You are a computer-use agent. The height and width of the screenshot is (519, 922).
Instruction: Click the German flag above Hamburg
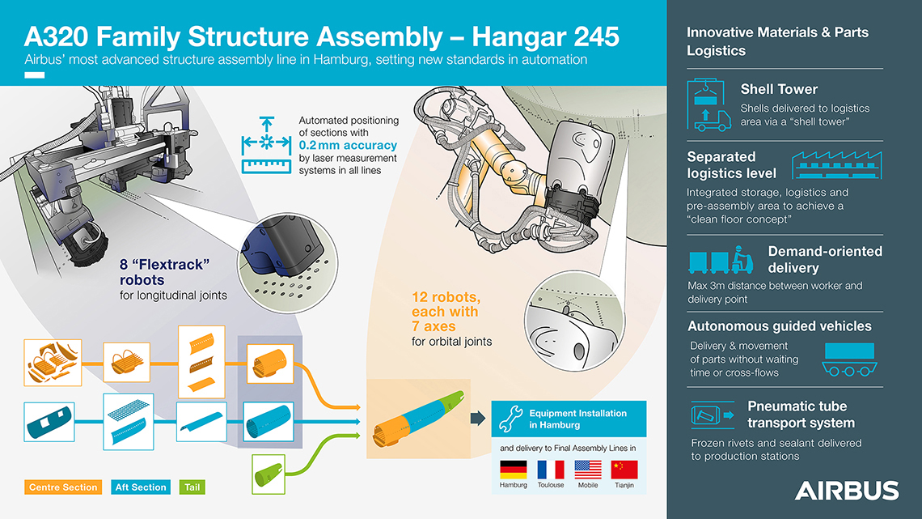click(x=514, y=470)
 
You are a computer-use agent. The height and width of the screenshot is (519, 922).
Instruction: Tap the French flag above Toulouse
click(x=551, y=470)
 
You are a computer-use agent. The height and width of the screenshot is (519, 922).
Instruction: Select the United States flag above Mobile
click(x=588, y=470)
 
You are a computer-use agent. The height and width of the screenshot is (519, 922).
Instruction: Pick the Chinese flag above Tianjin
click(x=624, y=470)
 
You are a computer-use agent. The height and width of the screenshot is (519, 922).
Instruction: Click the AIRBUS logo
click(x=847, y=490)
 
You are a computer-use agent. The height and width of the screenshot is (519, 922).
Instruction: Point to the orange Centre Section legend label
click(x=63, y=487)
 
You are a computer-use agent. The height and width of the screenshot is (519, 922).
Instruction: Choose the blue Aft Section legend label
click(x=141, y=487)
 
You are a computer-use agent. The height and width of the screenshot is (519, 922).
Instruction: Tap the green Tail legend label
click(x=192, y=487)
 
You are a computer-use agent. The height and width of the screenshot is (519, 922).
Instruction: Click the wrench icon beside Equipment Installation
click(x=510, y=419)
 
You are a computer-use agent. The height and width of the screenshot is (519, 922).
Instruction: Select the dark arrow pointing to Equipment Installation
click(x=477, y=419)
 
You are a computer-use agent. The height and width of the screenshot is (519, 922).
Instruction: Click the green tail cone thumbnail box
click(x=269, y=474)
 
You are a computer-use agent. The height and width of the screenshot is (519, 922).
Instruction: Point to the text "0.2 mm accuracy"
click(x=348, y=146)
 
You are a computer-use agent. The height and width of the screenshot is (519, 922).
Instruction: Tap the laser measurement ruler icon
click(x=266, y=145)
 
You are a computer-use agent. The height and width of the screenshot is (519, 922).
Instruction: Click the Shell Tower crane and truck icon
click(x=709, y=104)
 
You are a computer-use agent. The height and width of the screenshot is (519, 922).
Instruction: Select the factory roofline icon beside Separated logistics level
click(x=837, y=164)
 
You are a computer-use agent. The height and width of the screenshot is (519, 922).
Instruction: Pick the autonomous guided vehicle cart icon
click(x=849, y=359)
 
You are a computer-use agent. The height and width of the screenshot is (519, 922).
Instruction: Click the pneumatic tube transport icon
click(x=713, y=415)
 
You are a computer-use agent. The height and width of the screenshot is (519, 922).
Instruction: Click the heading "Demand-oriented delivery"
click(x=825, y=259)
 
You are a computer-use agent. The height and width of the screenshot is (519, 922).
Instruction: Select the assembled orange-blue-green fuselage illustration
click(x=419, y=418)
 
